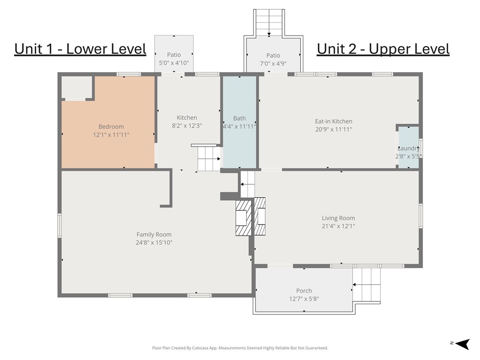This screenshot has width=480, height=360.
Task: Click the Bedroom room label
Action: pos(111,127)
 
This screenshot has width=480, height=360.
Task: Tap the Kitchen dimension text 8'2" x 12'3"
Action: pos(187,126)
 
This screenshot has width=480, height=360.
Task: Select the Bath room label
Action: pos(240,118)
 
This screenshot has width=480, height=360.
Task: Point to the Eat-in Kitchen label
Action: pos(334,121)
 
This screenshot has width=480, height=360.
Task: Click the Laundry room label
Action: pos(408,148)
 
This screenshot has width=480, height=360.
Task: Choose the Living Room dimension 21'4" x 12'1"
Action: pos(338,226)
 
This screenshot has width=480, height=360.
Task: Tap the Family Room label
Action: pos(154,234)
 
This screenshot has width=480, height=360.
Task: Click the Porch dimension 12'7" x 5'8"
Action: pos(304,299)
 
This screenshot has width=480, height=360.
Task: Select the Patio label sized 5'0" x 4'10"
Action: pos(174,54)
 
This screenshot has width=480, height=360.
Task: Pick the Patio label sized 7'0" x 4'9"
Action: pos(273,55)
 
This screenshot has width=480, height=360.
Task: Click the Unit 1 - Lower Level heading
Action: pos(80,49)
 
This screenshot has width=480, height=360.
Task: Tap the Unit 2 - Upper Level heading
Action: pos(383,49)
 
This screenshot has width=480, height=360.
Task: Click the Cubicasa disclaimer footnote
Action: pos(240,348)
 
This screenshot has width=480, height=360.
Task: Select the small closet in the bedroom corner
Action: pos(77,87)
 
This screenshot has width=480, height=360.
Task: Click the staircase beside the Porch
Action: pos(367,285)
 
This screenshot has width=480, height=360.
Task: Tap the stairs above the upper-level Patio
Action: pos(269,22)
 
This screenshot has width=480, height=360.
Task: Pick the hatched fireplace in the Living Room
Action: pos(260,217)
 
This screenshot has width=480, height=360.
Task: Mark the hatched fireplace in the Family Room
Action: pos(243,218)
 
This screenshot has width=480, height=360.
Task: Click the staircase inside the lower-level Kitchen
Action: pos(209,158)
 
